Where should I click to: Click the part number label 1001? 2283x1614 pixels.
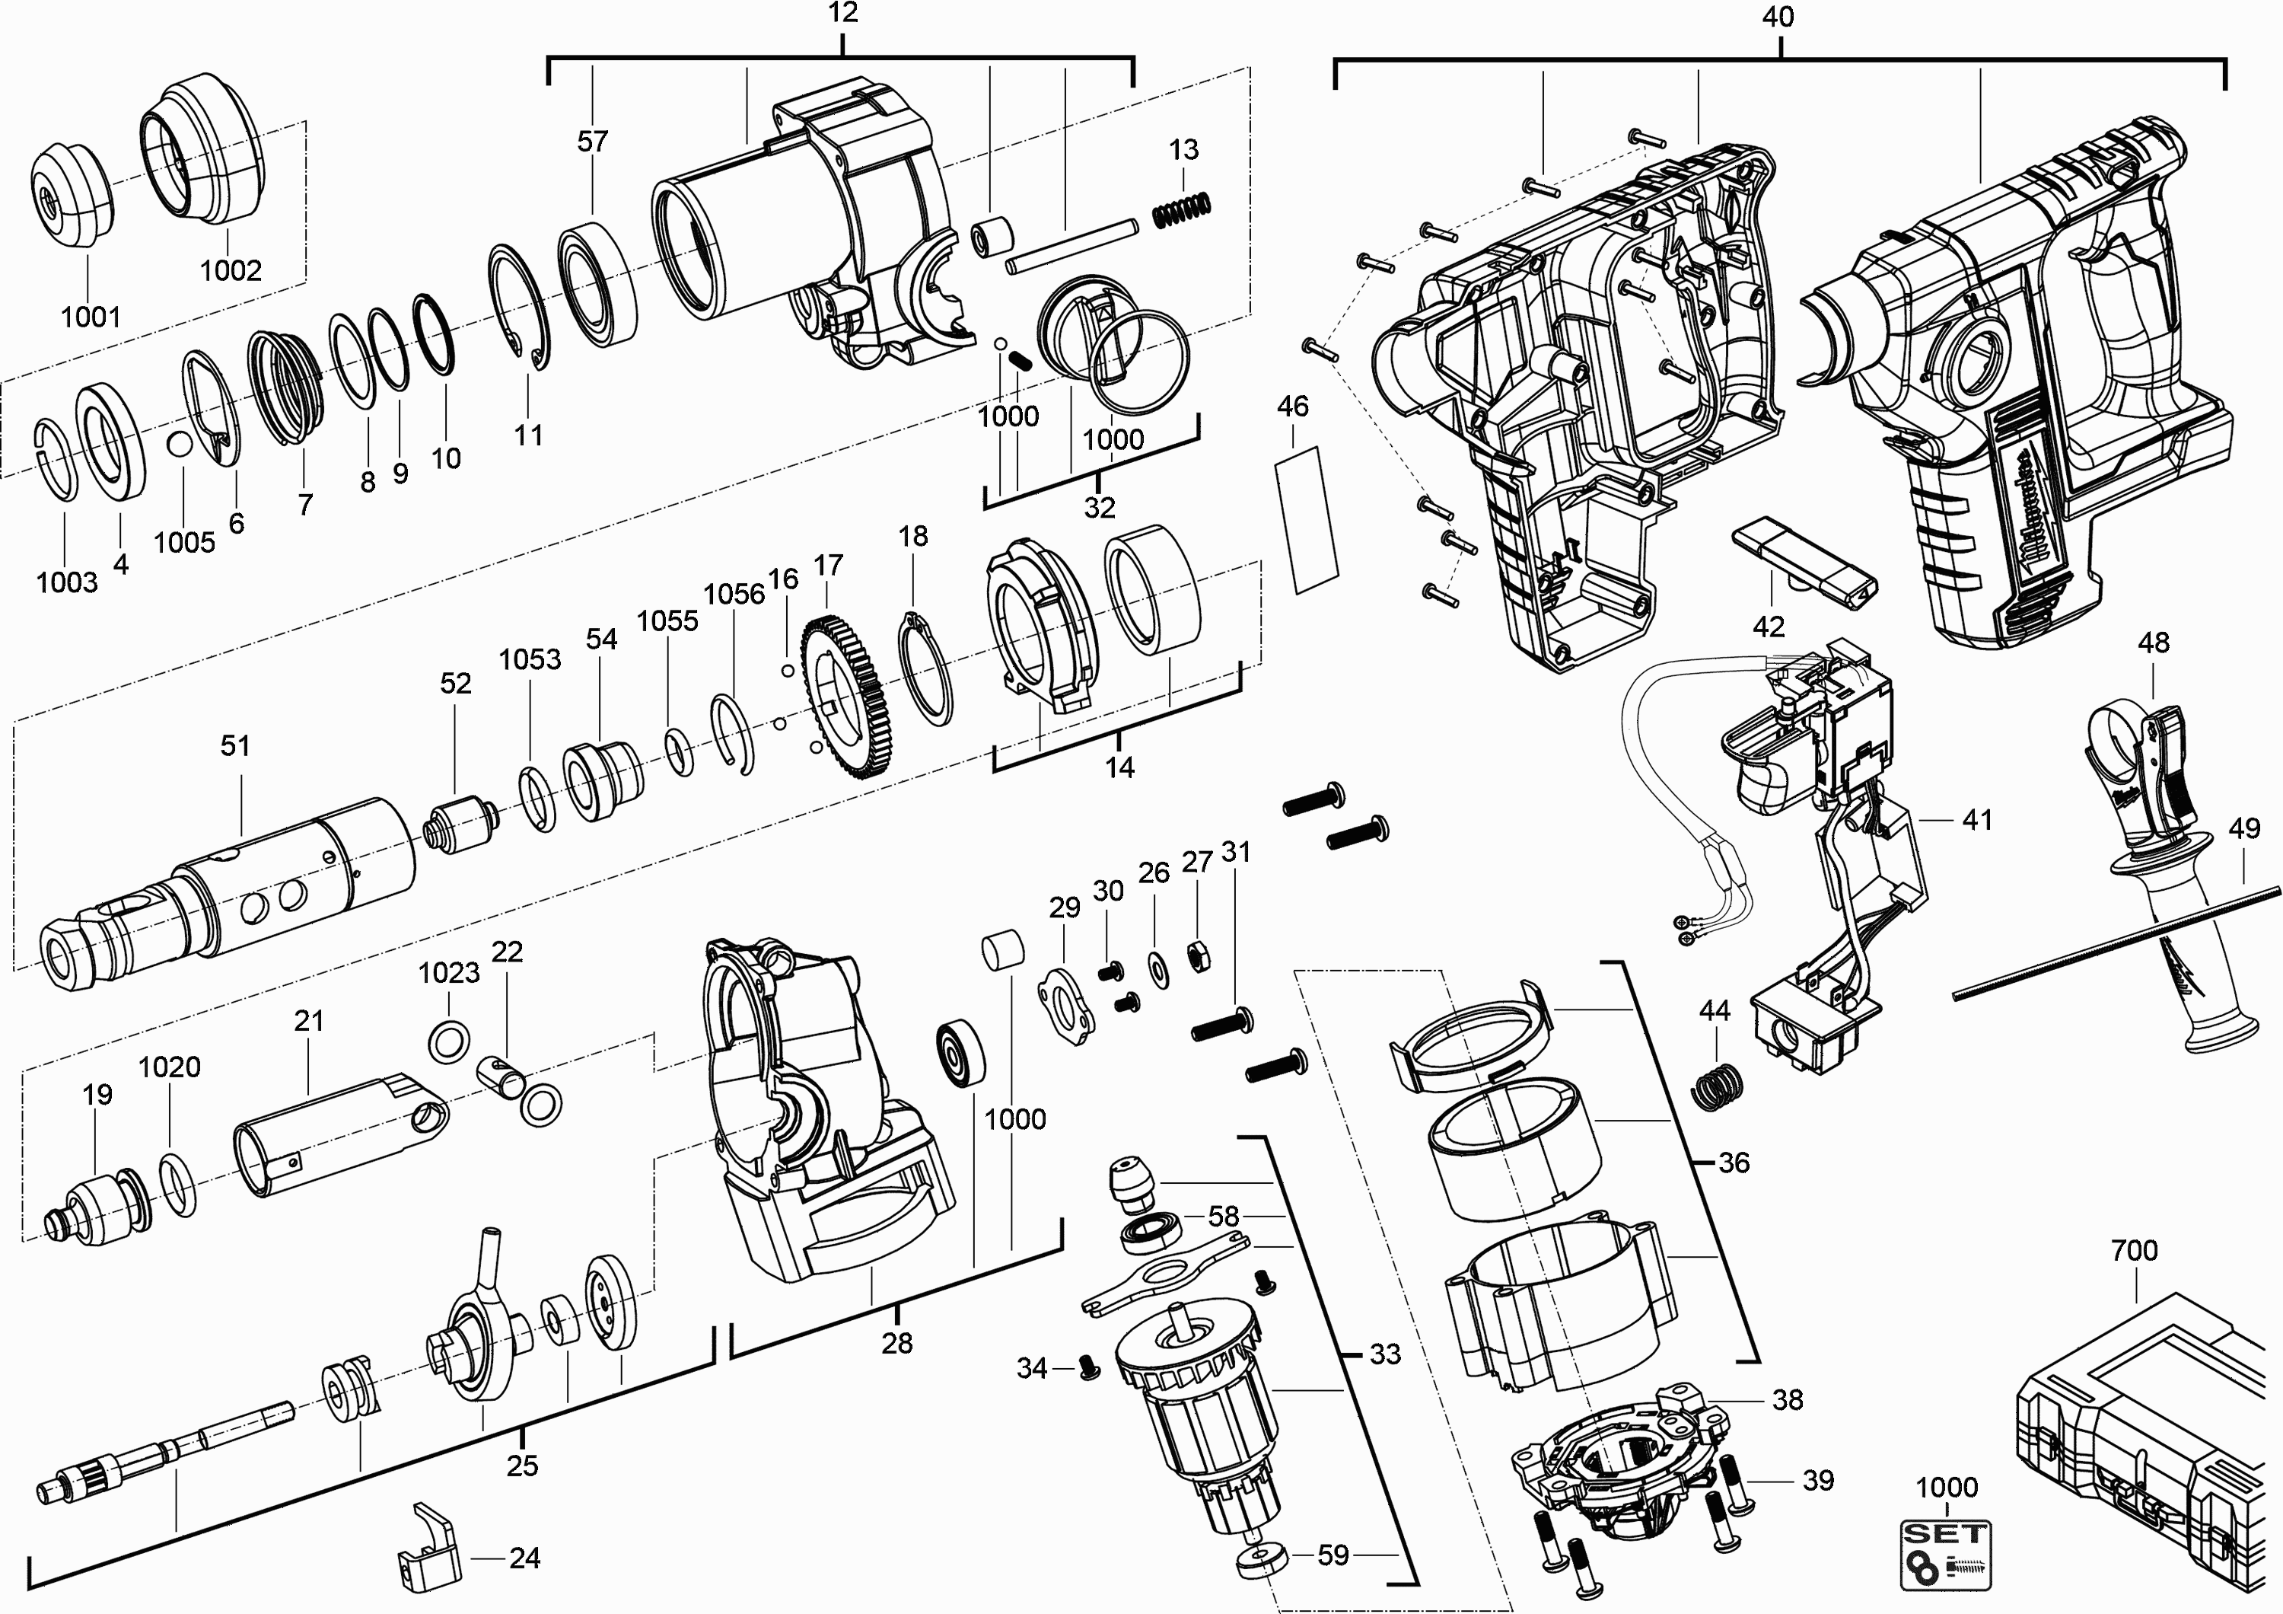[91, 317]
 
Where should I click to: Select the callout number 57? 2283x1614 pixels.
[593, 141]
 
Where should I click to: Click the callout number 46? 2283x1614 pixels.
[1293, 406]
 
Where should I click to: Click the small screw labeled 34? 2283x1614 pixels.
[1090, 1370]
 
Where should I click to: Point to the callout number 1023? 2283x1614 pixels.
[448, 971]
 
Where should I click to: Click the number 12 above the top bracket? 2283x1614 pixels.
[842, 13]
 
